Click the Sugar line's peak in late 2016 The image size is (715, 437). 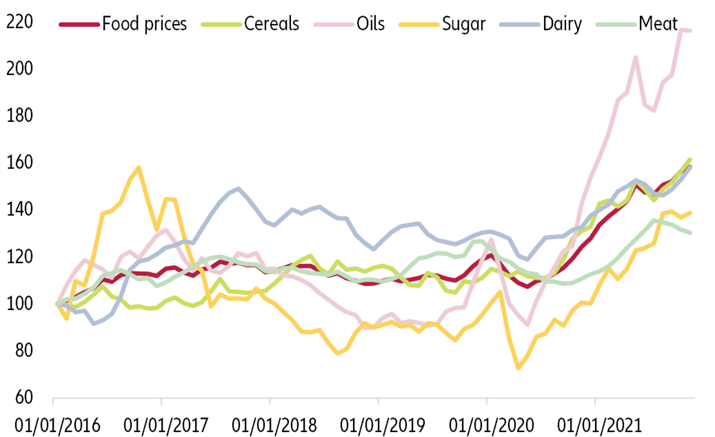click(x=139, y=167)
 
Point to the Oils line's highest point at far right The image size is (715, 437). click(x=683, y=30)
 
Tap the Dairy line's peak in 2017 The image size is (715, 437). click(x=238, y=188)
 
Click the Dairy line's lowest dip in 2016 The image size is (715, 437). click(x=94, y=323)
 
